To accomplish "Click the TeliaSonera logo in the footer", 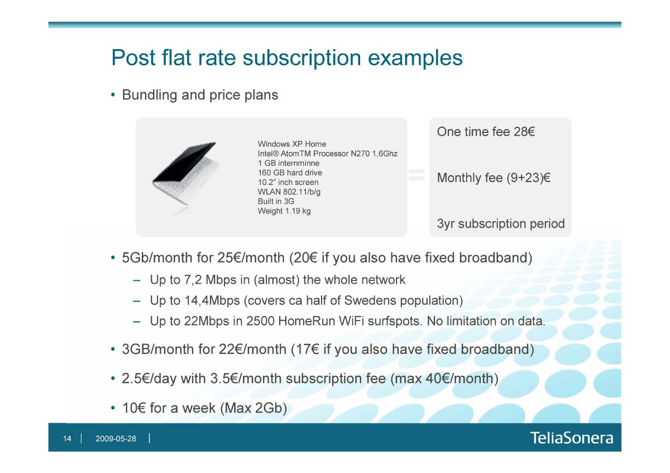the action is pyautogui.click(x=572, y=438).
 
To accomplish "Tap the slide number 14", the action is pyautogui.click(x=67, y=438).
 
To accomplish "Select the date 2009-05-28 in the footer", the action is pyautogui.click(x=116, y=438).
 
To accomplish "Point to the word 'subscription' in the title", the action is pyautogui.click(x=301, y=58).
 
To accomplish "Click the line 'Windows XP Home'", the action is pyautogui.click(x=292, y=144).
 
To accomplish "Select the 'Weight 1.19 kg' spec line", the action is pyautogui.click(x=284, y=211).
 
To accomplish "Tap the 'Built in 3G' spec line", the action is pyautogui.click(x=276, y=202).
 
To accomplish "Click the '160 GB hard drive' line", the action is pyautogui.click(x=290, y=173).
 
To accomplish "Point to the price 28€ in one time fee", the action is pyautogui.click(x=524, y=132).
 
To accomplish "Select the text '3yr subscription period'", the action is pyautogui.click(x=501, y=223).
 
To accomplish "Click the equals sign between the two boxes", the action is pyautogui.click(x=417, y=175).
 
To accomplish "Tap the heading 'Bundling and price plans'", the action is pyautogui.click(x=200, y=95).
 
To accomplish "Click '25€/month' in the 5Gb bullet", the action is pyautogui.click(x=251, y=257).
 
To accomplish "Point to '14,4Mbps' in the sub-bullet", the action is pyautogui.click(x=212, y=300).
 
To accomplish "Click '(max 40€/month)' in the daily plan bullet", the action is pyautogui.click(x=444, y=379).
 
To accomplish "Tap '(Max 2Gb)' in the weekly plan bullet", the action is pyautogui.click(x=253, y=408).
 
